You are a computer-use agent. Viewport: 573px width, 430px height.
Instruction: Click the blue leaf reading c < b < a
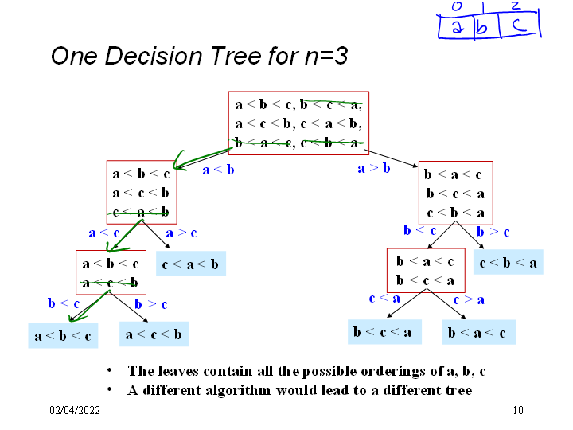click(x=509, y=263)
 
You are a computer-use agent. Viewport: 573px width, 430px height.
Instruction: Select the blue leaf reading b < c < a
click(x=384, y=331)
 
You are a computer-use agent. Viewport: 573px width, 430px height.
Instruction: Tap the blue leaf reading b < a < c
click(x=479, y=332)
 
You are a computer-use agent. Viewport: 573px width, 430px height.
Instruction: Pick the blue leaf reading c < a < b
click(x=191, y=264)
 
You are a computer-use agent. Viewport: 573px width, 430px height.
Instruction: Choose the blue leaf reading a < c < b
click(x=154, y=334)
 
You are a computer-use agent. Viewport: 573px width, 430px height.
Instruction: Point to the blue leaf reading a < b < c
click(x=63, y=336)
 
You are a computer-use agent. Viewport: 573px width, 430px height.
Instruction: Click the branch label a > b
click(x=373, y=169)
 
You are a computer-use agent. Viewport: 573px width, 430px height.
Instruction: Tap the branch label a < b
click(x=219, y=170)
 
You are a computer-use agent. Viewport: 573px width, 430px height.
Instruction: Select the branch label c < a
click(x=384, y=299)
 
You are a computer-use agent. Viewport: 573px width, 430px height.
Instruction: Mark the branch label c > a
click(x=469, y=300)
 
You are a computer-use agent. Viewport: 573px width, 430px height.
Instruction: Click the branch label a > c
click(x=181, y=233)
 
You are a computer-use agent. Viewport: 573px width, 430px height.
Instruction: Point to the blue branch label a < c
click(x=104, y=233)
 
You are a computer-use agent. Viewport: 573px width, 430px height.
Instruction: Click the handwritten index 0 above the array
click(x=457, y=7)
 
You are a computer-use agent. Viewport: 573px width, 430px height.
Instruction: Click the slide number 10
click(x=518, y=411)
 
